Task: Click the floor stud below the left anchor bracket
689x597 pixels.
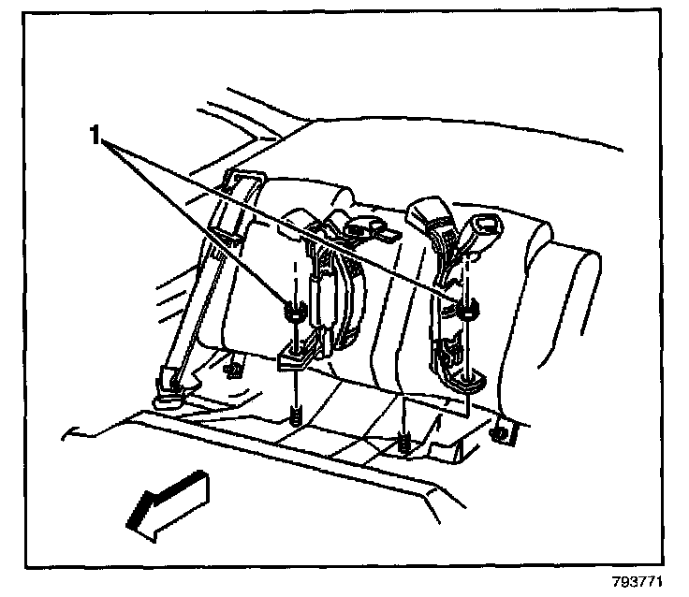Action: (295, 413)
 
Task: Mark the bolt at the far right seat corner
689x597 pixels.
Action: (503, 433)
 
